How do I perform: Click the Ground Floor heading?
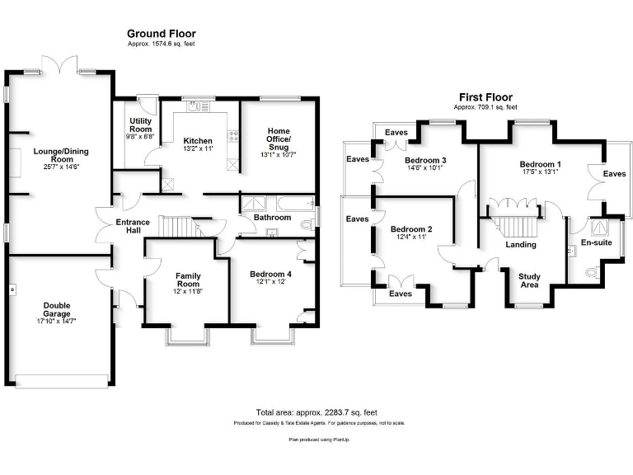tap(162, 33)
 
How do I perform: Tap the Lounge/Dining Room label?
tap(61, 156)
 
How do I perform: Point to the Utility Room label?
tap(141, 125)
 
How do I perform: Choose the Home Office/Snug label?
tap(278, 136)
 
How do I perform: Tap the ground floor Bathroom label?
tap(272, 218)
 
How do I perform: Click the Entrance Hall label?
tap(133, 227)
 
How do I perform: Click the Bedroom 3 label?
tap(426, 160)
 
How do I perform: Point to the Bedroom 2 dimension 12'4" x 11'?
tap(410, 238)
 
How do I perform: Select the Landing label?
tap(520, 244)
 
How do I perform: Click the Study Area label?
tap(529, 281)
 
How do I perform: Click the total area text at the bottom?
tap(316, 412)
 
